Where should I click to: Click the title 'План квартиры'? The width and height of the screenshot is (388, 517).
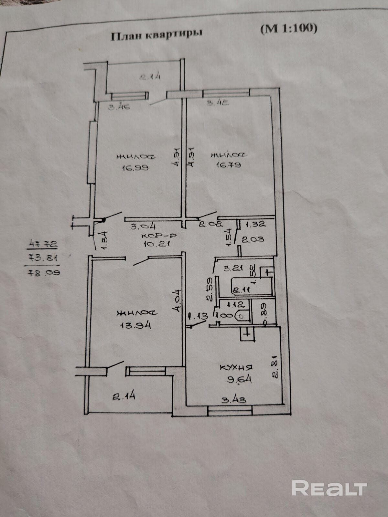(156, 35)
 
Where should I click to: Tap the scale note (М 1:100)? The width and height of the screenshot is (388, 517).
(289, 28)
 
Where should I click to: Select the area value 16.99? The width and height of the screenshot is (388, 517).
(135, 168)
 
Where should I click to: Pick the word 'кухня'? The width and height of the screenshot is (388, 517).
(236, 367)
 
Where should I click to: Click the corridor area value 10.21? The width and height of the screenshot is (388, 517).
(157, 244)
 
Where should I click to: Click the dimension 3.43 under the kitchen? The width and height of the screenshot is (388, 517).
(234, 400)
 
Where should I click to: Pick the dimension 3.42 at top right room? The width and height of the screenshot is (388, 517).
(218, 103)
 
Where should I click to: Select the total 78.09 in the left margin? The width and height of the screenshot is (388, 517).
(44, 272)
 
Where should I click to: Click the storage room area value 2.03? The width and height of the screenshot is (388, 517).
(253, 239)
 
